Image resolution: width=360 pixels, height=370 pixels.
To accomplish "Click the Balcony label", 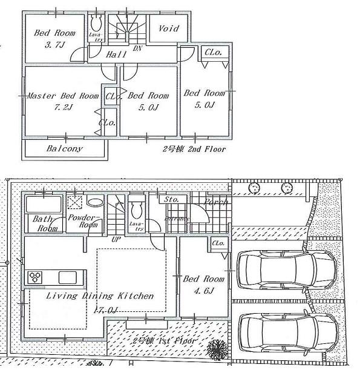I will [x=64, y=148].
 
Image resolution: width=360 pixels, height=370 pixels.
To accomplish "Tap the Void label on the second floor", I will [x=169, y=28].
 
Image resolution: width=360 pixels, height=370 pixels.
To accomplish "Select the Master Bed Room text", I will [x=63, y=96].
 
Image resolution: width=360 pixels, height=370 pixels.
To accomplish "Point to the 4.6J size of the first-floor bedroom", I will [x=203, y=291].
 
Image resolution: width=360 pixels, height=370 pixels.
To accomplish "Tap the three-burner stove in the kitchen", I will [x=34, y=277].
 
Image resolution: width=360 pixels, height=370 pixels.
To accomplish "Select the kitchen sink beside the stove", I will [x=67, y=277].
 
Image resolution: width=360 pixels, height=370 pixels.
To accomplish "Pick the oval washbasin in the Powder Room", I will [x=95, y=202].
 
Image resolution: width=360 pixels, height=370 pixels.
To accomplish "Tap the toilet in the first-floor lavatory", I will [x=137, y=210].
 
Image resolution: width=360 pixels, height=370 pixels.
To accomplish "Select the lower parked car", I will [x=286, y=331].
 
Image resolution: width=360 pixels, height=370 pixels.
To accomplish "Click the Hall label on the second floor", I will [x=115, y=55].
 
